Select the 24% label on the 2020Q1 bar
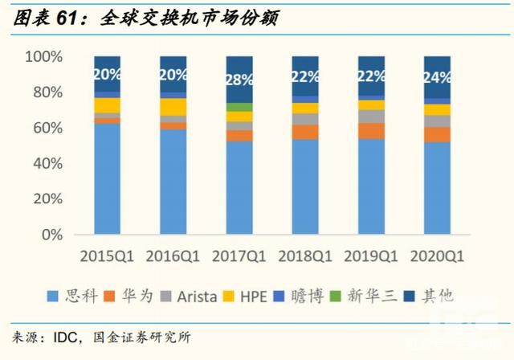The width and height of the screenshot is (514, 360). point(437,78)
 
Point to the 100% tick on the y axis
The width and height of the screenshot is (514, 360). point(44,57)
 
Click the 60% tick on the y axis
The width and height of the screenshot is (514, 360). point(47,129)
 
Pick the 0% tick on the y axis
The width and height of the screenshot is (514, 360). point(51,235)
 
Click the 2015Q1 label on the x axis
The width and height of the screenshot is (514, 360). point(107,256)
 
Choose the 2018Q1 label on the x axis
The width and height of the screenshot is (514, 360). point(305,256)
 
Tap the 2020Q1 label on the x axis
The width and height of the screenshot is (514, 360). point(438,256)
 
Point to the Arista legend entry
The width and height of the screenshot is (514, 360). point(190,296)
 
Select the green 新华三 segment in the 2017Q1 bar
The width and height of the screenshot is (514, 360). point(239,107)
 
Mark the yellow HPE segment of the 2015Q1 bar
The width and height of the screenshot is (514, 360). point(108,105)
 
